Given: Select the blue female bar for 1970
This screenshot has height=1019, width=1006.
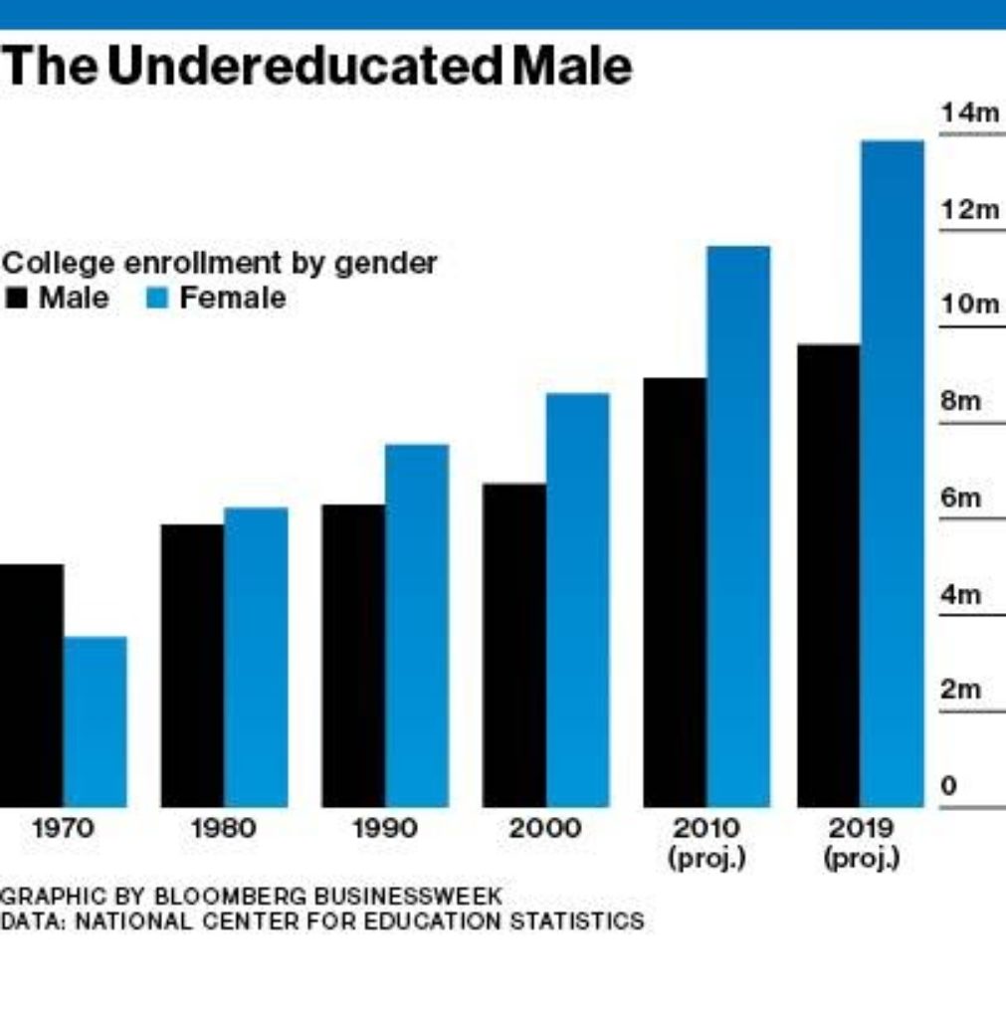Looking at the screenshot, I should point(96,721).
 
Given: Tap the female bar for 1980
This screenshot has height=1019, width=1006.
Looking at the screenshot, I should point(256,657).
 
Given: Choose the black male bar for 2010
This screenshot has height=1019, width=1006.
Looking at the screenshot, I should point(675,592).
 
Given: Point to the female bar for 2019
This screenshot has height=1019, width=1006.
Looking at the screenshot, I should point(892,474).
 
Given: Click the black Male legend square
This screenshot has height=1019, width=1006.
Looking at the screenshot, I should point(16,299).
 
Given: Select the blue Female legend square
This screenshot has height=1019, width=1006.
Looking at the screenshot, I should point(157,299).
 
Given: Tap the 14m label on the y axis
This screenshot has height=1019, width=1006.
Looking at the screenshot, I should point(969,113).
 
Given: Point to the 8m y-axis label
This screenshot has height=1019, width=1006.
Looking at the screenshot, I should point(960,402).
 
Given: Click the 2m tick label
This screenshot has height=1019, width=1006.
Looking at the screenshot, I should point(960,690).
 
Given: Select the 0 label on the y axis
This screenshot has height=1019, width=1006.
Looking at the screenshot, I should point(948,786).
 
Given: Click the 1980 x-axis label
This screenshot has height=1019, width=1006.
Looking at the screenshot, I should point(223,828).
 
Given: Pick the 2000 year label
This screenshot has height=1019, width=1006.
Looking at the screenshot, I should point(544,828).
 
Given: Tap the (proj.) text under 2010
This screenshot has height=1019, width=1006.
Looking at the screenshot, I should point(706,858).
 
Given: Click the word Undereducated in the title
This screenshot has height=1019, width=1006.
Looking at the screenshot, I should point(303,67).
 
